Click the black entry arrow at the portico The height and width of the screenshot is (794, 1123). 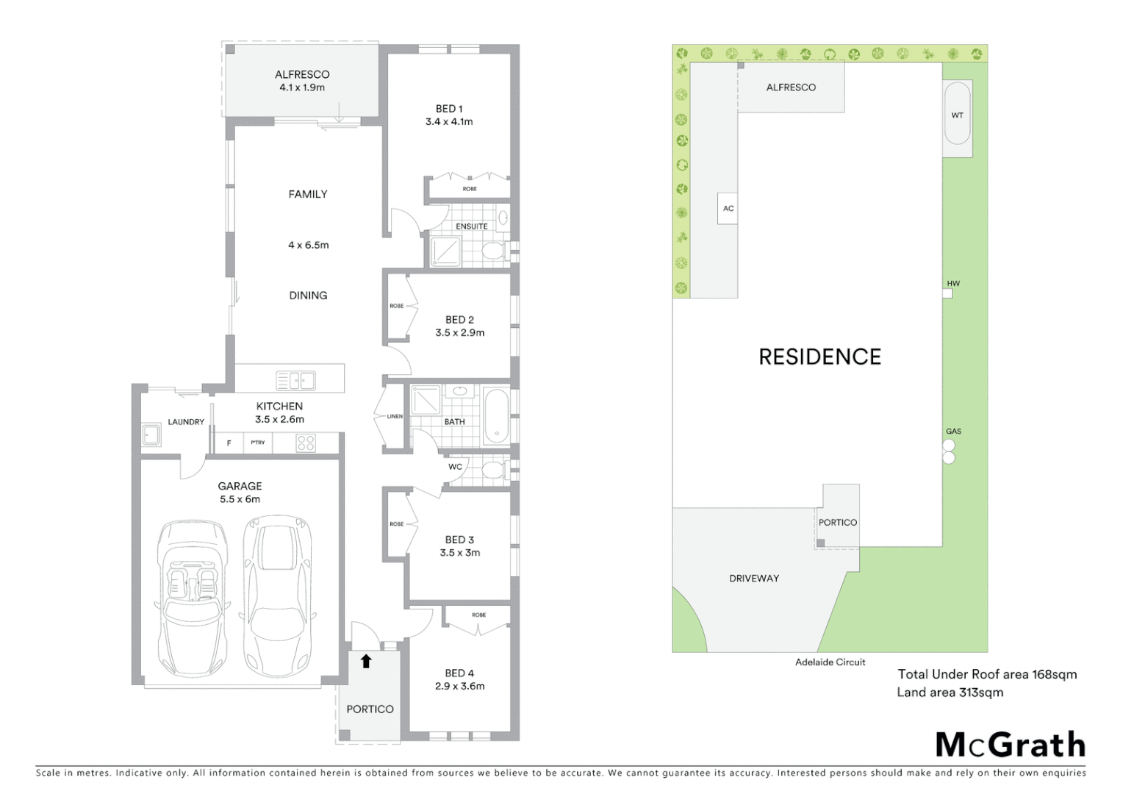(366, 661)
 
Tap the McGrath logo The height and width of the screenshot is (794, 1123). (1011, 745)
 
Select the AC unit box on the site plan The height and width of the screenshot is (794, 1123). (728, 208)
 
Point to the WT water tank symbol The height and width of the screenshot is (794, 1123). (957, 115)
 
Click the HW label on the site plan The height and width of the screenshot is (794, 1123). (953, 283)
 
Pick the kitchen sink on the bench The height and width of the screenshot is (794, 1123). (295, 380)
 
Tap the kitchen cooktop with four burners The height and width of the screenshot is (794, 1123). (306, 443)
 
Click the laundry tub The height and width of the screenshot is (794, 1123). (151, 434)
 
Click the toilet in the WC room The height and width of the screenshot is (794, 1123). (492, 469)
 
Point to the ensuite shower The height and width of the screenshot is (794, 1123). (445, 251)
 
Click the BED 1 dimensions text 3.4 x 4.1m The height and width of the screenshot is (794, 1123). (449, 122)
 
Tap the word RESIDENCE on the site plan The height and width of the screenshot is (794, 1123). (819, 357)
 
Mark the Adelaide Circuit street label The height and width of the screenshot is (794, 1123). (830, 662)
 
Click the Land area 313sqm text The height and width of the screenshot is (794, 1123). (950, 693)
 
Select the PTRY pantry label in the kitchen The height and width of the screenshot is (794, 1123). (257, 443)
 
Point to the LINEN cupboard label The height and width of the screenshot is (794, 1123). (395, 416)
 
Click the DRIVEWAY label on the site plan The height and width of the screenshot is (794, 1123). (754, 579)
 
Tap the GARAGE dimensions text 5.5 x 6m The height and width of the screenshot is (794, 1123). (240, 499)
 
